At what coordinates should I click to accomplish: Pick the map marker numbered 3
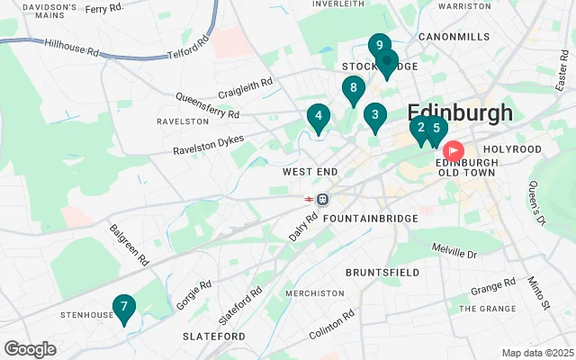pos(374,116)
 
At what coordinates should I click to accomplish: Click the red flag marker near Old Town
pos(454,150)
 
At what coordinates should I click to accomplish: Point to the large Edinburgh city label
pos(460,112)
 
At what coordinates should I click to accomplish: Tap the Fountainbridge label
pos(370,219)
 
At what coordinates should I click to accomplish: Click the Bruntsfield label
pos(382,271)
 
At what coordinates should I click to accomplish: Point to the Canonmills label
pos(454,37)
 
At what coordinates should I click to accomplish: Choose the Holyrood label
pos(512,148)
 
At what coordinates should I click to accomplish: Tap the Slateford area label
pos(214,336)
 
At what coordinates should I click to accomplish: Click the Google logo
pos(30,349)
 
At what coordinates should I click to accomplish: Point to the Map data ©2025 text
pos(536,353)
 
